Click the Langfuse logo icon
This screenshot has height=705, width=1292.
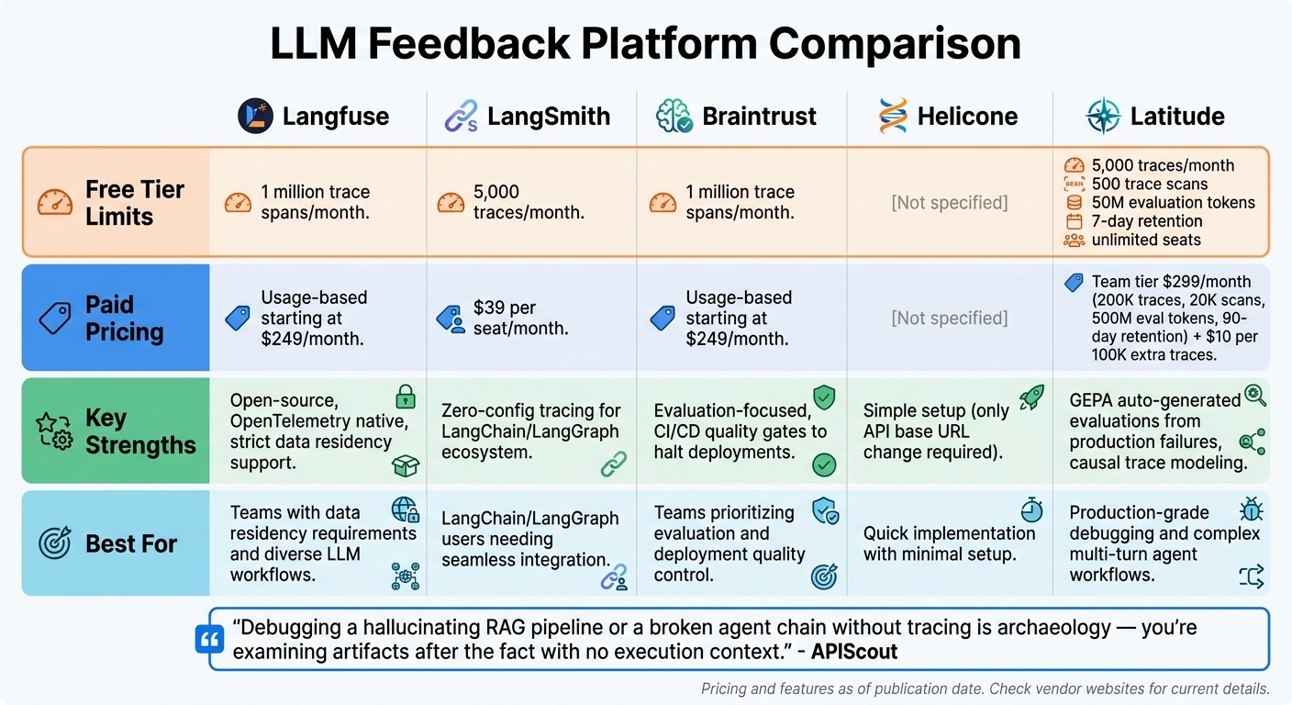pyautogui.click(x=255, y=117)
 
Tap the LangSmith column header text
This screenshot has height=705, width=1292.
pyautogui.click(x=549, y=117)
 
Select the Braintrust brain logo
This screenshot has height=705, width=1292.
pyautogui.click(x=674, y=117)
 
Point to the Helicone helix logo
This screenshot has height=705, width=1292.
pyautogui.click(x=892, y=117)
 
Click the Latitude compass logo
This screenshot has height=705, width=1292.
pyautogui.click(x=1103, y=117)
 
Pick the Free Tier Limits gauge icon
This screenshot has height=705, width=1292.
pyautogui.click(x=55, y=203)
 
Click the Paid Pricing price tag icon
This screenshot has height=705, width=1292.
pyautogui.click(x=55, y=318)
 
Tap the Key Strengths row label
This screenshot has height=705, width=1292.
pyautogui.click(x=140, y=431)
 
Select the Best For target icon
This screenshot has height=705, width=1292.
pyautogui.click(x=55, y=543)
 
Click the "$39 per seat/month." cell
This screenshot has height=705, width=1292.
pyautogui.click(x=520, y=318)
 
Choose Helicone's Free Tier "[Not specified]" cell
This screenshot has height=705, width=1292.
pyautogui.click(x=949, y=202)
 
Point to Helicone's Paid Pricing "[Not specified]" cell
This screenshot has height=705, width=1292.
pyautogui.click(x=949, y=318)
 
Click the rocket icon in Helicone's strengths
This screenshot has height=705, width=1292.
pyautogui.click(x=1031, y=397)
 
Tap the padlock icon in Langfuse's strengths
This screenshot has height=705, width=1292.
pyautogui.click(x=405, y=397)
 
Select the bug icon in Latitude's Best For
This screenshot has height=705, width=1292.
pyautogui.click(x=1251, y=509)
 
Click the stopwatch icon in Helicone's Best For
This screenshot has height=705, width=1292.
pyautogui.click(x=1031, y=509)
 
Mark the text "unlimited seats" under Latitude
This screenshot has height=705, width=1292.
pyautogui.click(x=1145, y=241)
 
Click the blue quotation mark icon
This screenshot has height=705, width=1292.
pyautogui.click(x=210, y=640)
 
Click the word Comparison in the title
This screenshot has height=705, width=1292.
pyautogui.click(x=895, y=44)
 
